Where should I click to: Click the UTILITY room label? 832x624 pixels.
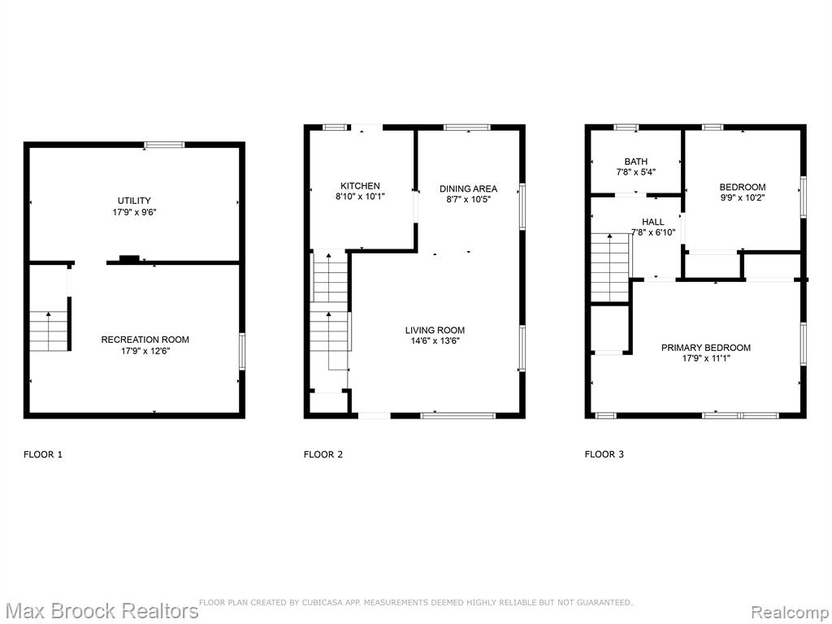pyautogui.click(x=134, y=201)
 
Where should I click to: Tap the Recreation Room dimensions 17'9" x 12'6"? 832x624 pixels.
pyautogui.click(x=145, y=351)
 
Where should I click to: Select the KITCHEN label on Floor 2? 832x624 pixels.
pyautogui.click(x=360, y=186)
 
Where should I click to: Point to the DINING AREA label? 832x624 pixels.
pyautogui.click(x=469, y=188)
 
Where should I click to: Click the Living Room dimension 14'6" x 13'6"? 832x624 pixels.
pyautogui.click(x=435, y=340)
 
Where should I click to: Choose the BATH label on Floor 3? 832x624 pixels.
pyautogui.click(x=635, y=162)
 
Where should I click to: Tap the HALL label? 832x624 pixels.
pyautogui.click(x=652, y=222)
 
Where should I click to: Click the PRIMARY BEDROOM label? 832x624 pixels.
pyautogui.click(x=706, y=348)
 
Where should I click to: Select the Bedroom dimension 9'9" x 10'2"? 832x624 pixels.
pyautogui.click(x=743, y=197)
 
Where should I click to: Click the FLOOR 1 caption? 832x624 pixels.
pyautogui.click(x=43, y=454)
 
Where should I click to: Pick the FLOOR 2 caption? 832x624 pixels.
pyautogui.click(x=323, y=454)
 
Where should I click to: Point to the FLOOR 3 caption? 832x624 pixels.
pyautogui.click(x=604, y=454)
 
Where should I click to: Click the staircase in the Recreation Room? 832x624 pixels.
pyautogui.click(x=49, y=331)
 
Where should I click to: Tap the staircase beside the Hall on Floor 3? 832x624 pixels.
pyautogui.click(x=610, y=268)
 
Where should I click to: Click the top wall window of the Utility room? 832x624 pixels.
pyautogui.click(x=164, y=145)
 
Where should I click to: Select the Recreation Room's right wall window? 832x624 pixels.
pyautogui.click(x=242, y=351)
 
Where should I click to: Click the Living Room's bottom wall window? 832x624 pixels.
pyautogui.click(x=457, y=416)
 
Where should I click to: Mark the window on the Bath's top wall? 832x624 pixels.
pyautogui.click(x=626, y=128)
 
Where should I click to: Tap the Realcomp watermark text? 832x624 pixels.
pyautogui.click(x=791, y=612)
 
